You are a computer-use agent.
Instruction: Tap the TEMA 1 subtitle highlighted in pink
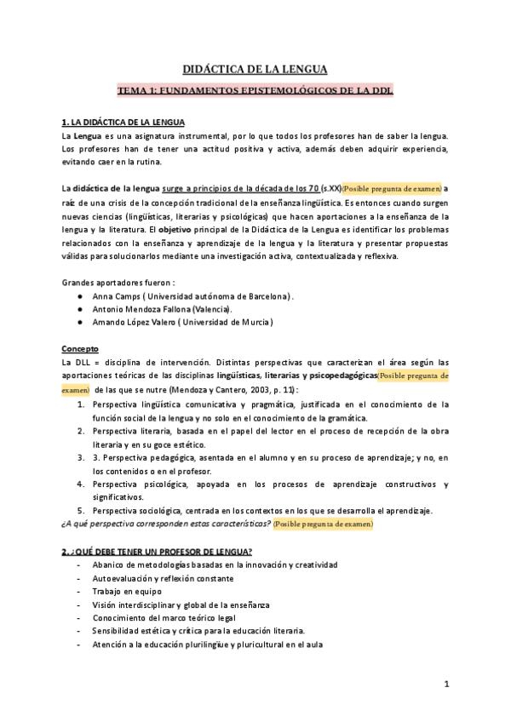[x=255, y=90]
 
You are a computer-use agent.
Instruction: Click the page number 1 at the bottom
[x=446, y=684]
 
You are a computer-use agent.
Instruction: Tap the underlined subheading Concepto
[x=80, y=349]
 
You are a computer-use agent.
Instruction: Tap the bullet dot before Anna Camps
[x=79, y=296]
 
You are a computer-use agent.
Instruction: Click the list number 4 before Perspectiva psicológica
[x=80, y=484]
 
